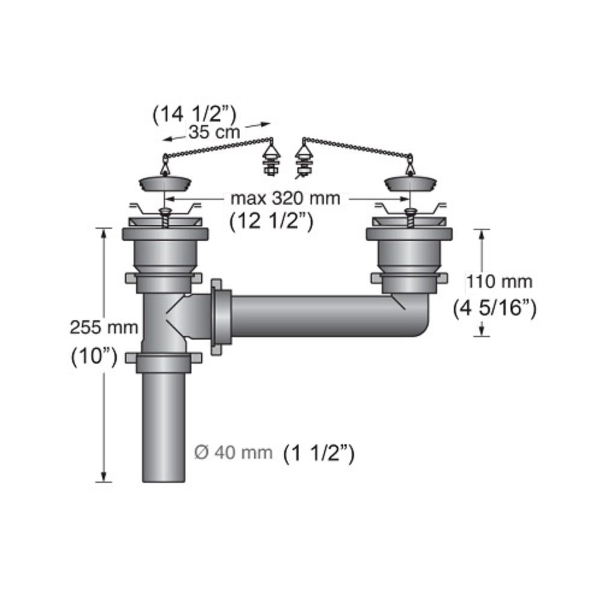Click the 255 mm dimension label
pyautogui.click(x=104, y=328)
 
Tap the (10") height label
pyautogui.click(x=94, y=355)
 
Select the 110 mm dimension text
pyautogui.click(x=500, y=281)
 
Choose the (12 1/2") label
pyautogui.click(x=271, y=222)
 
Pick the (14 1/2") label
pyautogui.click(x=194, y=113)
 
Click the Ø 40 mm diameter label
pyautogui.click(x=234, y=452)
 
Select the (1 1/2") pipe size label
pyautogui.click(x=319, y=452)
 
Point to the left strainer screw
pyautogui.click(x=164, y=217)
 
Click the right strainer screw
pyautogui.click(x=410, y=217)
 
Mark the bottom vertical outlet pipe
pyautogui.click(x=164, y=427)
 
